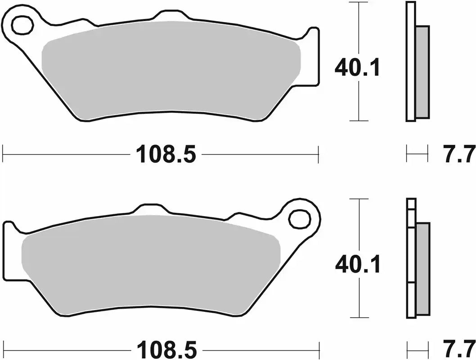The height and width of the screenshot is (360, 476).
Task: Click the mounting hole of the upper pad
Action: click(x=22, y=25)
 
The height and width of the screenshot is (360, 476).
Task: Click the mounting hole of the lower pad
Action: click(x=300, y=219)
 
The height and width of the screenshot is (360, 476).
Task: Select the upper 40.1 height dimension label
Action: click(x=358, y=68)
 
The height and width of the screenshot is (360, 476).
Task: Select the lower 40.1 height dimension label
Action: click(x=358, y=265)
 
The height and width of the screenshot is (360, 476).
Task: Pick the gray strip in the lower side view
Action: click(x=422, y=269)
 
